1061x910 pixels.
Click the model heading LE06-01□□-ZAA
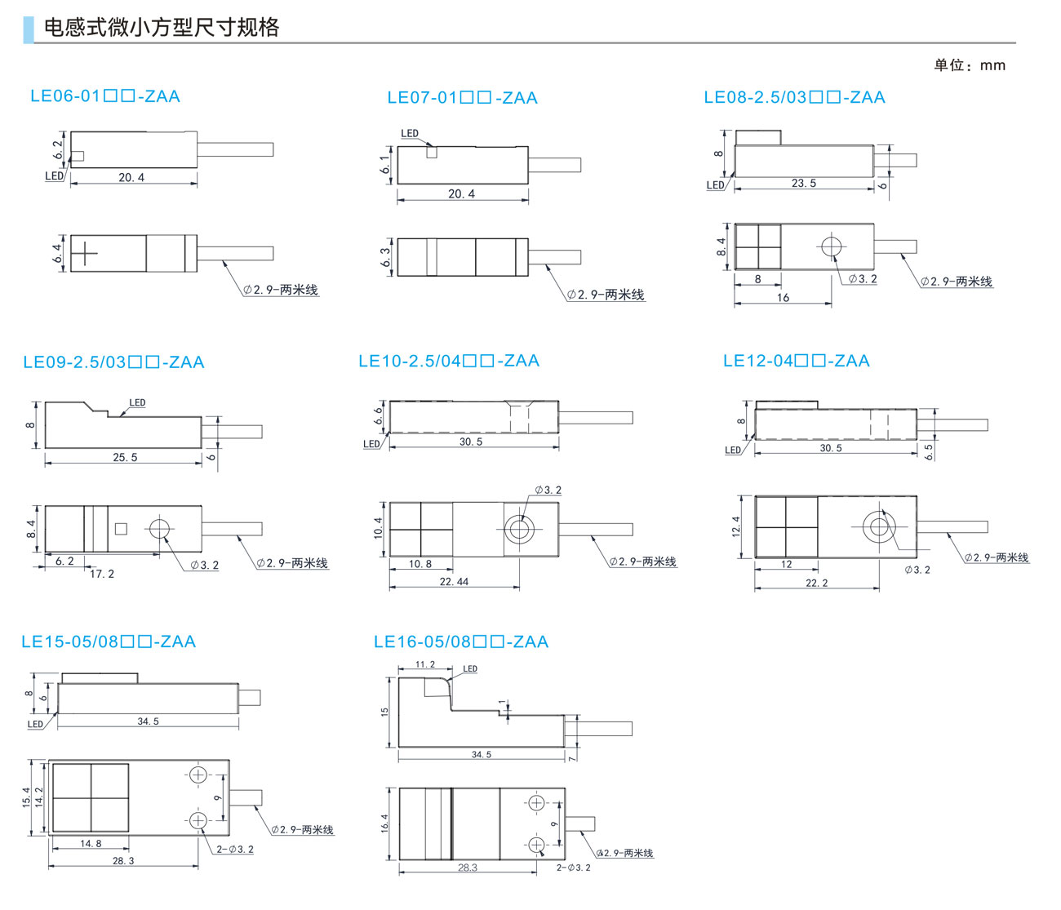(104, 96)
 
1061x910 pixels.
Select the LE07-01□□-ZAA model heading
(462, 98)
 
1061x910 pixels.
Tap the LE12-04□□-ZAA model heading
(796, 361)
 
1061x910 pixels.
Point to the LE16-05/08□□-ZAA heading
(460, 642)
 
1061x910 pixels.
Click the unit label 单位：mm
(970, 65)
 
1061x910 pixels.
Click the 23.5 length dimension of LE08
(803, 184)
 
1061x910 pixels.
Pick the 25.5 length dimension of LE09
(125, 458)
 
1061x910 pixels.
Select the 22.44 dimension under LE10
(454, 582)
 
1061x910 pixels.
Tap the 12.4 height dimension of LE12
(736, 526)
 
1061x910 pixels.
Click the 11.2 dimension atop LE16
(425, 664)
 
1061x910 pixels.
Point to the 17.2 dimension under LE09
(102, 574)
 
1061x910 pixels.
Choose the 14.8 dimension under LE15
(91, 844)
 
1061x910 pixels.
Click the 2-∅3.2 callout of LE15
(235, 850)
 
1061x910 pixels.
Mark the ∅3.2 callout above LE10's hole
(548, 491)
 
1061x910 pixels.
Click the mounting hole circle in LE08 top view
(832, 246)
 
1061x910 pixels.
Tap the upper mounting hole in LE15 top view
(198, 775)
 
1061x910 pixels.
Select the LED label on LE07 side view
(410, 133)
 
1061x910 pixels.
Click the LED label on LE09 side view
(137, 402)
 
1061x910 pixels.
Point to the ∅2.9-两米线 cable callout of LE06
(281, 290)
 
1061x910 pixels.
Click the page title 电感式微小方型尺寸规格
(161, 28)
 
